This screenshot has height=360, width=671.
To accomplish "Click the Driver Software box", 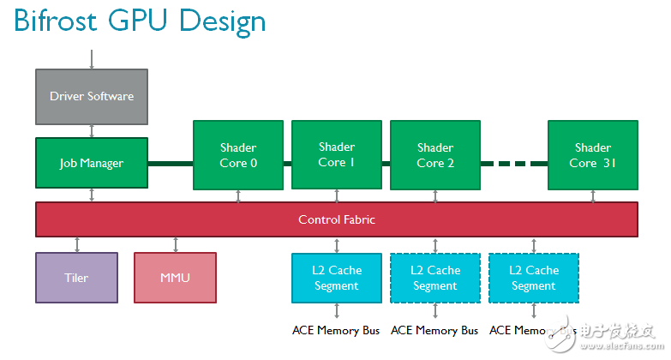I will (92, 96).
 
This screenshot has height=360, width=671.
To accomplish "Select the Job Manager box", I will (92, 163).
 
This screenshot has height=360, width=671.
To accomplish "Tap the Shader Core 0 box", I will (237, 155).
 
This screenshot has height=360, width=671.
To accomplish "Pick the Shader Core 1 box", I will (336, 154).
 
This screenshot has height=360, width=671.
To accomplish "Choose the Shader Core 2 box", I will (435, 155).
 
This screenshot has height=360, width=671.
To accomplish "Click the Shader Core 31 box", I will (593, 155).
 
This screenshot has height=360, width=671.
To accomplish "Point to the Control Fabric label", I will (337, 219).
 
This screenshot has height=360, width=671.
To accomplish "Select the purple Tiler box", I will (76, 278).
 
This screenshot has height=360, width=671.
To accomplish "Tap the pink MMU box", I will (175, 278).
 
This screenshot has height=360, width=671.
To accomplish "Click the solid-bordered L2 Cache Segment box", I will (337, 278).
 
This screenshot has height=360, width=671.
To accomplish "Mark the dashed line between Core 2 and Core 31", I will (513, 163).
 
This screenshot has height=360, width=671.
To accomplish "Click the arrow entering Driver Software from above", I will (92, 59).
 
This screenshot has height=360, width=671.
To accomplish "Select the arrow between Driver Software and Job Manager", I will (92, 130).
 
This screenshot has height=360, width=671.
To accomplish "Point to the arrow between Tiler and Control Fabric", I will (77, 244).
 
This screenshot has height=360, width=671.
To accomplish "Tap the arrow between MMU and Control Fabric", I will (176, 244).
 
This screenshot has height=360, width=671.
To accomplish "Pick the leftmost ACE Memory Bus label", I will (336, 330).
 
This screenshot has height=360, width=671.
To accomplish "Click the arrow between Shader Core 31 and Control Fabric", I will (593, 195).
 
